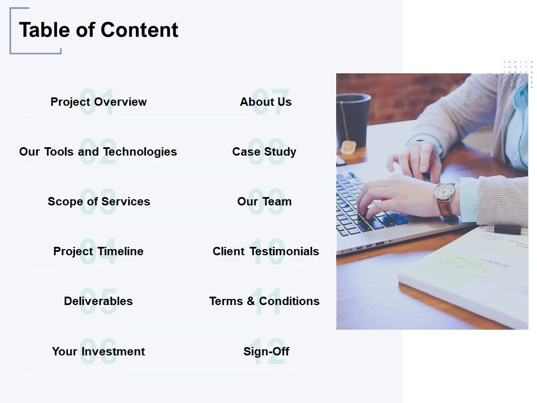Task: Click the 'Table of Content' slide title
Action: click(x=98, y=30)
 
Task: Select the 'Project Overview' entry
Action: click(x=98, y=102)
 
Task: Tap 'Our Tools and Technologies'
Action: click(x=98, y=152)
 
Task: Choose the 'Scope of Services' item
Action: click(x=99, y=201)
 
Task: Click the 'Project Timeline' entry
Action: click(x=98, y=251)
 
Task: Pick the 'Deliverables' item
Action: click(x=98, y=301)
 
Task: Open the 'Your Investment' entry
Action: click(x=98, y=352)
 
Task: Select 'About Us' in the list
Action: click(x=266, y=102)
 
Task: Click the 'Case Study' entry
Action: click(x=264, y=152)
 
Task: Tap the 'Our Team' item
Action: click(x=265, y=201)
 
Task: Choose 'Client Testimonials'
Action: click(x=266, y=251)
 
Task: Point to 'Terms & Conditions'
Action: click(x=265, y=301)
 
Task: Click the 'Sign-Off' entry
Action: click(x=266, y=352)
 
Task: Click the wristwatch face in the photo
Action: click(x=444, y=191)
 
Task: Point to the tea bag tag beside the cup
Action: click(x=348, y=147)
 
